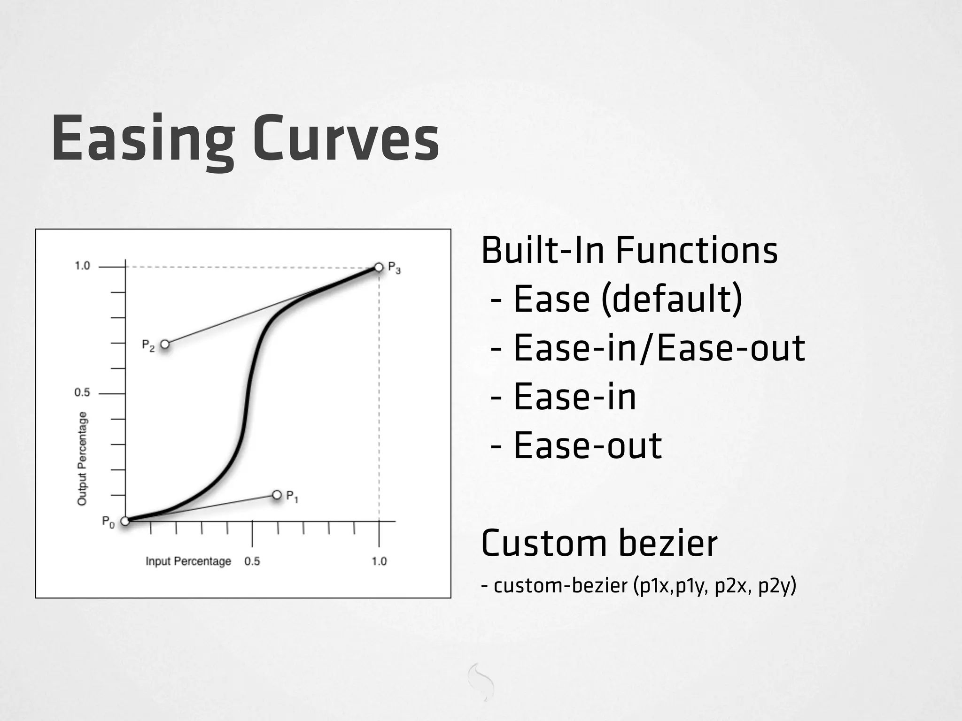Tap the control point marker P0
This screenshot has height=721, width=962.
coord(125,521)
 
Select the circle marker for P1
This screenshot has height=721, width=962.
coord(277,495)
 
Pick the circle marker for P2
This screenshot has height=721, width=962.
coord(165,345)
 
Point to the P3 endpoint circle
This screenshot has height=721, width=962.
coord(379,268)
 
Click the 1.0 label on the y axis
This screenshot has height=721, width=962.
coord(82,266)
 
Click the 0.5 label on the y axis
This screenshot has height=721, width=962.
coord(82,392)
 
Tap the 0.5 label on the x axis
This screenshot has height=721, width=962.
coord(252,561)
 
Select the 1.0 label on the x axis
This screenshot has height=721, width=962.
coord(379,561)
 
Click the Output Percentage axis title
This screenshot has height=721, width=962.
coord(82,459)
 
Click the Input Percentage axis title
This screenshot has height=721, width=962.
coord(188,561)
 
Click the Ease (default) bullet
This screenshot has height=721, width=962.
coord(628,299)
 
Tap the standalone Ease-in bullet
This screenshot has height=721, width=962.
coord(574,397)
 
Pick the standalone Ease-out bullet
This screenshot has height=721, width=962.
coord(587,445)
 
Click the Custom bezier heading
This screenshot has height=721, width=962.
coord(599,543)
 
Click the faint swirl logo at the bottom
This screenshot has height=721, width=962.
coord(481,682)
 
